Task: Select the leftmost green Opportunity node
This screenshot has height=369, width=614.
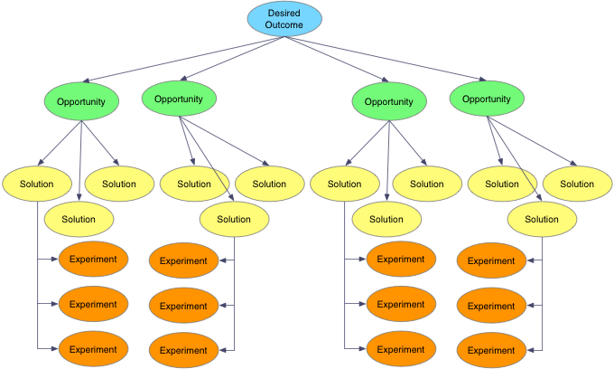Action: (81, 101)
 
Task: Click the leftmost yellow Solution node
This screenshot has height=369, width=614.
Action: (37, 184)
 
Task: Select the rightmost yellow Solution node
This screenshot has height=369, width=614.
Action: (576, 184)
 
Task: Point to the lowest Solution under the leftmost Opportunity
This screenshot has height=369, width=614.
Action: (79, 219)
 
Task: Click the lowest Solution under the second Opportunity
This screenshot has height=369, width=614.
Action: (234, 219)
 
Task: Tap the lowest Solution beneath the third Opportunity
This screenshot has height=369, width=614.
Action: (386, 219)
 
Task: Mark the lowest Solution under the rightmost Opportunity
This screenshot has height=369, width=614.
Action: (542, 219)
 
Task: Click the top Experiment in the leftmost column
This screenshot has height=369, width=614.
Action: (94, 260)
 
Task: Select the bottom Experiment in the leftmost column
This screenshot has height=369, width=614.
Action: (94, 348)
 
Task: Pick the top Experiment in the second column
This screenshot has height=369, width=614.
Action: (184, 261)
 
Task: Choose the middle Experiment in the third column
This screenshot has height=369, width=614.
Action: (401, 304)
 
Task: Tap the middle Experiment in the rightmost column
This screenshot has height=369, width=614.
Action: (491, 306)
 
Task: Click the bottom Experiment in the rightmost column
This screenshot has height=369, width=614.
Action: (491, 350)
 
